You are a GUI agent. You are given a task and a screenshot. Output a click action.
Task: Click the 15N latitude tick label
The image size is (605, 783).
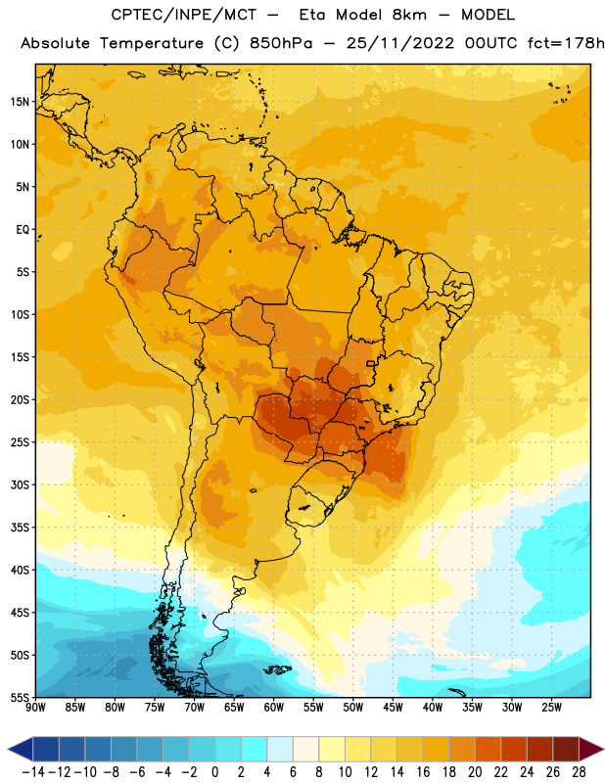click(20, 102)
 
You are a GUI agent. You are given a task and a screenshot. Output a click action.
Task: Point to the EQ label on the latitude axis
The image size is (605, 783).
click(23, 230)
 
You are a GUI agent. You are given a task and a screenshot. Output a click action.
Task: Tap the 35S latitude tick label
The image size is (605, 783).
click(20, 528)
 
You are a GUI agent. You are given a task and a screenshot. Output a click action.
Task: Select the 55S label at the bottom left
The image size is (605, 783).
click(20, 697)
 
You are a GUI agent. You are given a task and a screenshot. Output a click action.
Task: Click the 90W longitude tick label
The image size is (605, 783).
click(35, 708)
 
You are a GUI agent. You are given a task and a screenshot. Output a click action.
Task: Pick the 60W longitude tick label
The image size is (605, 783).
click(274, 708)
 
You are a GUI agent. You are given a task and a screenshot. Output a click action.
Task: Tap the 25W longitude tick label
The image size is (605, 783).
click(552, 708)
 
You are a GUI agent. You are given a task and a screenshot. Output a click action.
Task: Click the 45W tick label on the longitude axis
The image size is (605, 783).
click(394, 708)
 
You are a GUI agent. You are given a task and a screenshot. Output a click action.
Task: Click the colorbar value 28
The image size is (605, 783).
click(579, 772)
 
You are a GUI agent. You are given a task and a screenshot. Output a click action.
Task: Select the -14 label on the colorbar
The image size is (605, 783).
click(33, 772)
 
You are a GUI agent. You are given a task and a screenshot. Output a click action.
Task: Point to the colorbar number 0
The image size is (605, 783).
click(214, 772)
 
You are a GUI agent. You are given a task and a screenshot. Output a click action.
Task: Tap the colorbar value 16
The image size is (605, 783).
click(423, 772)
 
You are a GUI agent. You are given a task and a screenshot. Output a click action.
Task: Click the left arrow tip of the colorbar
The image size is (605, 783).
click(8, 749)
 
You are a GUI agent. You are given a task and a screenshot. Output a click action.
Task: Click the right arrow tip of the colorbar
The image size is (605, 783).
click(603, 749)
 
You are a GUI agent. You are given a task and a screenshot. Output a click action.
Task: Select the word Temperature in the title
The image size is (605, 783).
click(152, 43)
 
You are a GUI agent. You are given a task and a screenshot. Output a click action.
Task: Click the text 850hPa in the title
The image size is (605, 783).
click(281, 43)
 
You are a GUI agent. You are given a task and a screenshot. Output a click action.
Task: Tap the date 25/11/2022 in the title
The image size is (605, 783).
click(400, 43)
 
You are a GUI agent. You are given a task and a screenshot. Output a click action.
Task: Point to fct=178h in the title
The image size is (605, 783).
click(566, 43)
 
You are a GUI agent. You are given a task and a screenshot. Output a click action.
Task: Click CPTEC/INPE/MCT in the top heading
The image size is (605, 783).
click(183, 15)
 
